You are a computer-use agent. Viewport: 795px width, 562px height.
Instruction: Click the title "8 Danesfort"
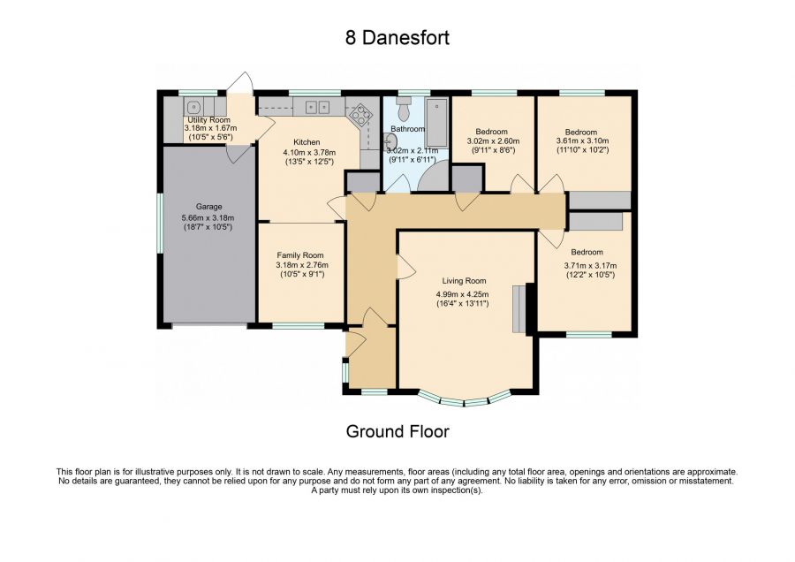point(397,37)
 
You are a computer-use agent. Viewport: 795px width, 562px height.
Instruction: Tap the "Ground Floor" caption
point(397,431)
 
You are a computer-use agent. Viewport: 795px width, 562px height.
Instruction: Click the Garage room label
point(208,207)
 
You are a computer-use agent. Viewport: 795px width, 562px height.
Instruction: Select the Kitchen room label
point(307,142)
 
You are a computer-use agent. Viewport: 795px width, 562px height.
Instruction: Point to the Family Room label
point(300,255)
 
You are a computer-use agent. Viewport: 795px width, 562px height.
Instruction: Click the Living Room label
point(464,281)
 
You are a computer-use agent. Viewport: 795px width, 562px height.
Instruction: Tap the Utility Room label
point(208,120)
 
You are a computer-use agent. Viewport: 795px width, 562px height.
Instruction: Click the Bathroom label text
point(407,129)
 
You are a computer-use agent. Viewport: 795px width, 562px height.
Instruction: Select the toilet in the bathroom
point(405,108)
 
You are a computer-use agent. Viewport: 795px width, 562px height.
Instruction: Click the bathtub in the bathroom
point(436,123)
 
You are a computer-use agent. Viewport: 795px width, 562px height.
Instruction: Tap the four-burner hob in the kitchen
point(361,114)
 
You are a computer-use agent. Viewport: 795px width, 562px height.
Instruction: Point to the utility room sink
point(193,107)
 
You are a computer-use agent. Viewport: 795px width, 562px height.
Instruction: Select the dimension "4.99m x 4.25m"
point(462,294)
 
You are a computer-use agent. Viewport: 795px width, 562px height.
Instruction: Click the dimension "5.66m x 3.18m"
point(208,218)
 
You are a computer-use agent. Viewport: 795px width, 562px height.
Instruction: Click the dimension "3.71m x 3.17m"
point(590,265)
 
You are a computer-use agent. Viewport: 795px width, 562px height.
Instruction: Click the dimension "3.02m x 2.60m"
point(493,141)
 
